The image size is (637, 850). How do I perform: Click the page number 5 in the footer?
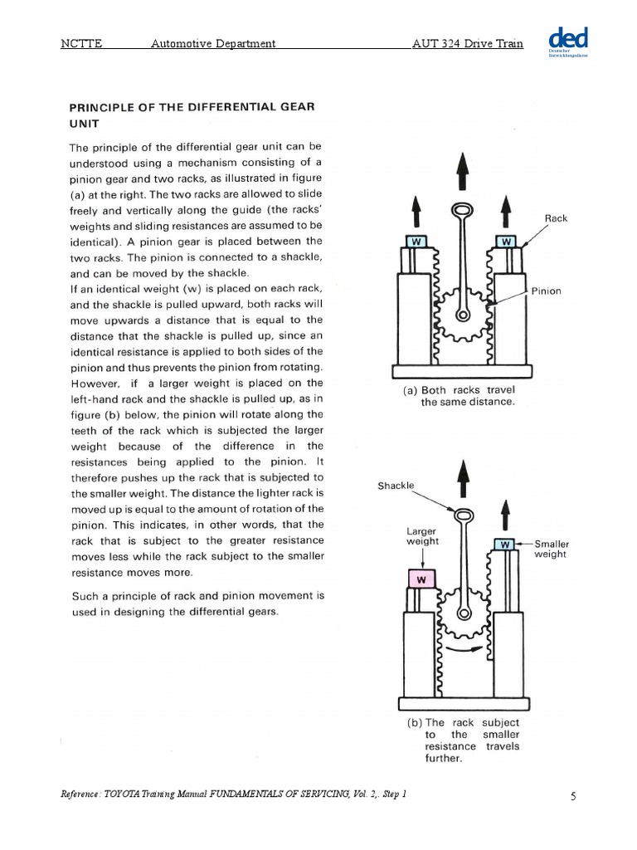pos(573,797)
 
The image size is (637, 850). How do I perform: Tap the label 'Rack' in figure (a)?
pos(555,218)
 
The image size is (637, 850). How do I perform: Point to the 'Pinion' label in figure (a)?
pos(547,291)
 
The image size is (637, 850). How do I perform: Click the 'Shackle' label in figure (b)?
pos(396,486)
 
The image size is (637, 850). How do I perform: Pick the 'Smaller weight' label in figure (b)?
pos(551,549)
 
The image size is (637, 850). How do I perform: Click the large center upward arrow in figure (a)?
pos(462,171)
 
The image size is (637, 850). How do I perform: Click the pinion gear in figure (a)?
pos(461,312)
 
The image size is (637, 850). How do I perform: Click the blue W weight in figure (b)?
pos(505,545)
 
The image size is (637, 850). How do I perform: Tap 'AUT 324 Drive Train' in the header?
pos(468,43)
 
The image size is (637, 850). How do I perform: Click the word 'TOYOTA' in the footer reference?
pos(123,794)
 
